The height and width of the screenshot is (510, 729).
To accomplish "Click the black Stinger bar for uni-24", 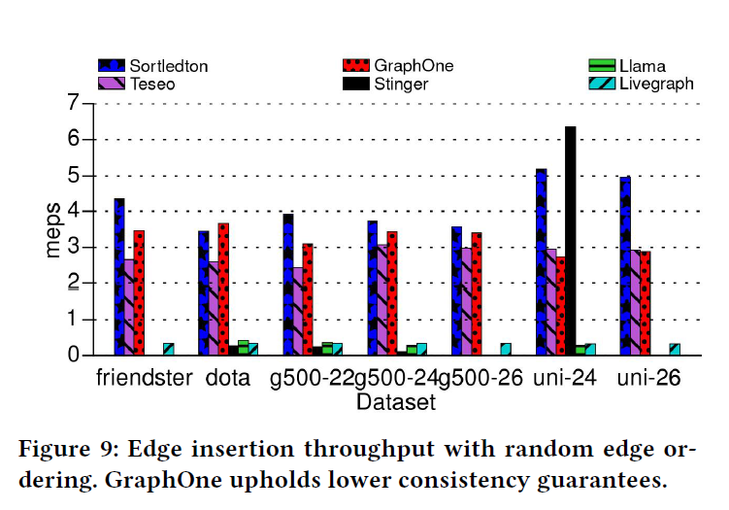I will [x=571, y=241].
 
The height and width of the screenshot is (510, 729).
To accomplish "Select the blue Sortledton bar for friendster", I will [x=118, y=277].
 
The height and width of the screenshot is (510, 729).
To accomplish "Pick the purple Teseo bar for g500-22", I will [x=297, y=311].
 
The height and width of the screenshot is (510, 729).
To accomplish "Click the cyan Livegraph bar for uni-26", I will [x=675, y=350].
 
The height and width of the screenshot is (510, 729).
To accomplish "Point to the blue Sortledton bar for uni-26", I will [x=624, y=266].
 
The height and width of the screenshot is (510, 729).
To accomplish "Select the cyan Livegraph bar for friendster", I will [x=168, y=350].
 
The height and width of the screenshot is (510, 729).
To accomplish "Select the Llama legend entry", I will [x=642, y=66].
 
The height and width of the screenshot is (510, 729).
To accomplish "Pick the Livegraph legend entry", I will [x=656, y=84].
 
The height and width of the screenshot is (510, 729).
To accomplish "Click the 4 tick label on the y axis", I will [x=73, y=211].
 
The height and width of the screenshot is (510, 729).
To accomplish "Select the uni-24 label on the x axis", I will [x=562, y=378].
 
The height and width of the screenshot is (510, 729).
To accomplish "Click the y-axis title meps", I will [x=52, y=229].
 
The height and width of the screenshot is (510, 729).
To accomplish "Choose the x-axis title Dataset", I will [x=395, y=400].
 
